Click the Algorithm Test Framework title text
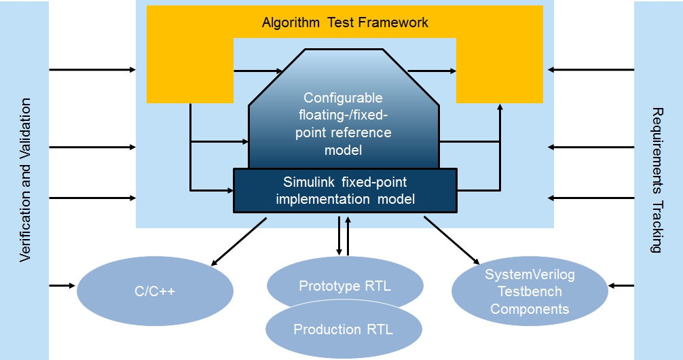click(345, 22)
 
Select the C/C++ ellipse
click(155, 293)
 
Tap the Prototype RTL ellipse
click(345, 285)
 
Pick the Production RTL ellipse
click(344, 330)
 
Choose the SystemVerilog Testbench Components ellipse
click(529, 292)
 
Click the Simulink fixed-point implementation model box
click(345, 191)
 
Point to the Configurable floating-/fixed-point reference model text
click(343, 123)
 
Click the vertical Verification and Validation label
click(25, 180)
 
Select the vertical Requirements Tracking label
click(657, 180)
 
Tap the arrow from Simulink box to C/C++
click(238, 242)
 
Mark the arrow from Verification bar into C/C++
click(62, 285)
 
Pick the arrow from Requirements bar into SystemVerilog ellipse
click(621, 285)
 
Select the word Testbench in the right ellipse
click(529, 292)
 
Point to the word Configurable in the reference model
click(343, 98)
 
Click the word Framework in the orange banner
click(395, 22)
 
